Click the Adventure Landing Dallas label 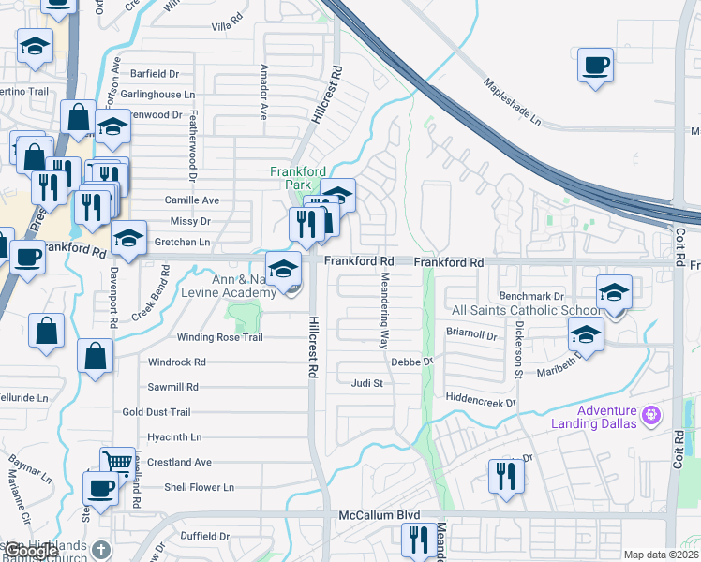pyautogui.click(x=606, y=417)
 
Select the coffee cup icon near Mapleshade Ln pyautogui.click(x=595, y=67)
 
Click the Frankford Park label pyautogui.click(x=296, y=178)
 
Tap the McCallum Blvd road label pyautogui.click(x=378, y=515)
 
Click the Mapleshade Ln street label pyautogui.click(x=513, y=102)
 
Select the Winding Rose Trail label pyautogui.click(x=220, y=337)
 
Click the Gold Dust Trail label pyautogui.click(x=157, y=412)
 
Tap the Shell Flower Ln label pyautogui.click(x=199, y=487)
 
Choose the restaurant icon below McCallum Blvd pyautogui.click(x=416, y=540)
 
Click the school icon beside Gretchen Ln pyautogui.click(x=128, y=239)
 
